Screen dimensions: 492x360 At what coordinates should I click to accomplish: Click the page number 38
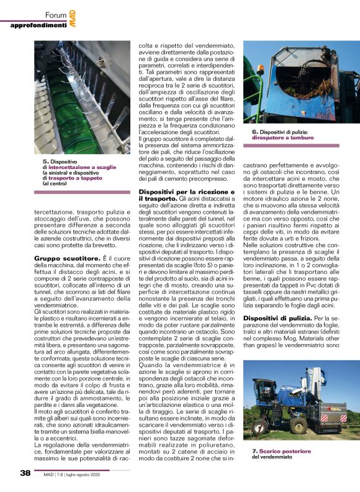point(25,473)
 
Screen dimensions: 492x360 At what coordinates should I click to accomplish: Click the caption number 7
point(254,450)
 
